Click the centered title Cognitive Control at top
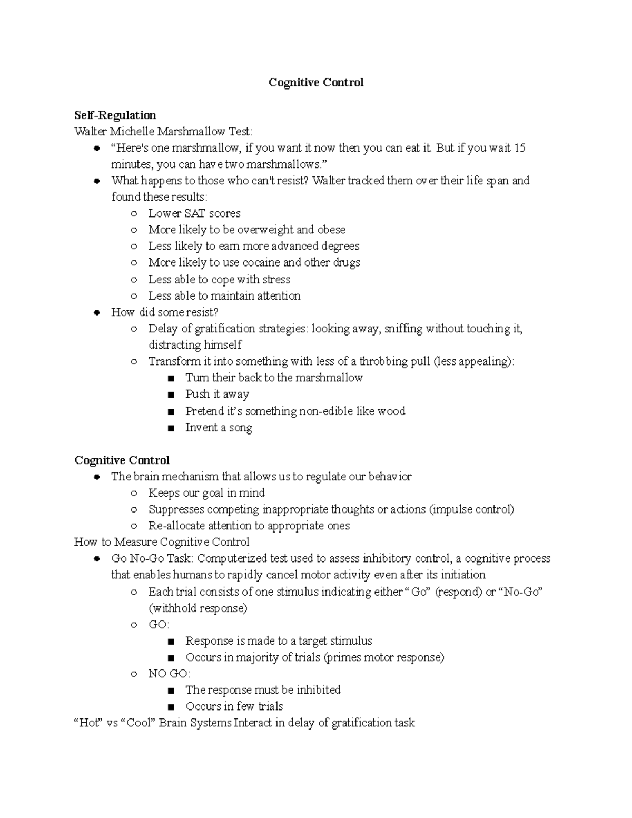click(316, 83)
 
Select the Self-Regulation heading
click(115, 115)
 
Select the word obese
click(331, 230)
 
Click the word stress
click(276, 279)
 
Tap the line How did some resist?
click(164, 312)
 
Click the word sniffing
click(403, 329)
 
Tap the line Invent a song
click(219, 428)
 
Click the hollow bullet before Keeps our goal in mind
click(134, 494)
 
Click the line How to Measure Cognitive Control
click(162, 542)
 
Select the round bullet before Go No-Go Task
click(96, 559)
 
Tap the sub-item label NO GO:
click(169, 674)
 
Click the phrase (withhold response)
click(197, 608)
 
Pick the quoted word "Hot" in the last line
click(87, 723)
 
